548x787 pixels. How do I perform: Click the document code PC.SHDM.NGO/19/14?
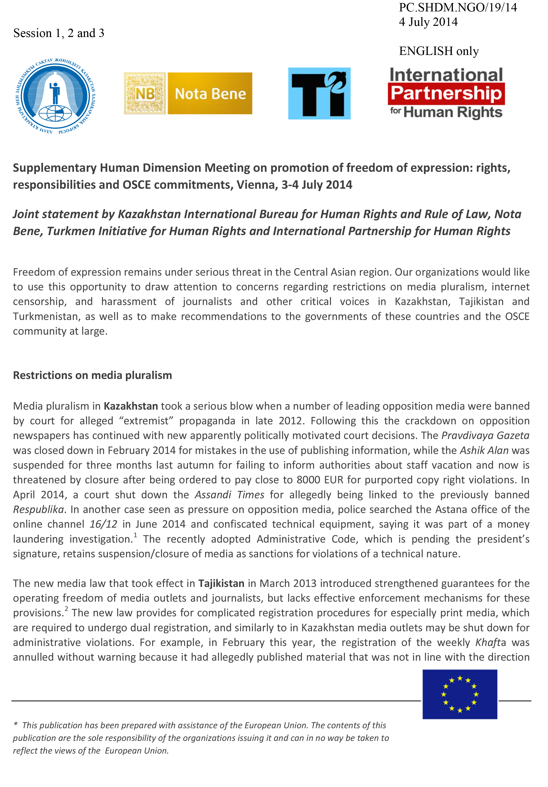point(458,8)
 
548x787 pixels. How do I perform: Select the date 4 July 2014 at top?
point(428,22)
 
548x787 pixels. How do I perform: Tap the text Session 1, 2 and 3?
point(59,33)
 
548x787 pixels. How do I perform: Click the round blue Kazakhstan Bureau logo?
point(55,96)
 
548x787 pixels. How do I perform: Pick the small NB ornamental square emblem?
point(145,93)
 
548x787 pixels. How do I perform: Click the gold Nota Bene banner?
point(210,93)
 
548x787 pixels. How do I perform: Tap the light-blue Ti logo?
point(319,93)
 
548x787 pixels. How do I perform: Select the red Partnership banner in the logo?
point(446,93)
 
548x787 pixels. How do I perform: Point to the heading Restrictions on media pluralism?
point(92,375)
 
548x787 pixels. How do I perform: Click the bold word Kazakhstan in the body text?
point(131,406)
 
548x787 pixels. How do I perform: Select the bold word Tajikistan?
point(221,583)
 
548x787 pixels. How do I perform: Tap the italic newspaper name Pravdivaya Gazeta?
point(485,436)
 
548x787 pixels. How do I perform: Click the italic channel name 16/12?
point(103,524)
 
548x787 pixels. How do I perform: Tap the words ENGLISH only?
point(439,51)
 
